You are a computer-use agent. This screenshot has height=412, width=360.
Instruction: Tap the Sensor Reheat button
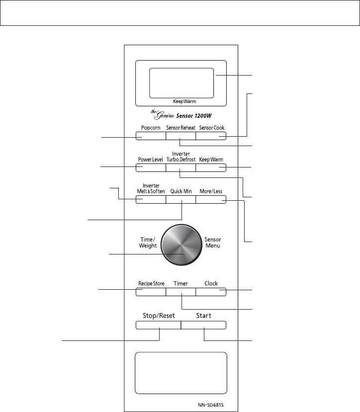(180, 136)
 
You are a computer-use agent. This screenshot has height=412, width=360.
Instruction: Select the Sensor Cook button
(211, 136)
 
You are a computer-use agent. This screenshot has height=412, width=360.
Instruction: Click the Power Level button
(151, 167)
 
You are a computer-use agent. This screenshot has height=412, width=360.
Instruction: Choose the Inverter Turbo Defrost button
(180, 167)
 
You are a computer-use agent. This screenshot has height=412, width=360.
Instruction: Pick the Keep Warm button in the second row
(211, 167)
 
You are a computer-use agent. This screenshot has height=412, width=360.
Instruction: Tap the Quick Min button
(180, 199)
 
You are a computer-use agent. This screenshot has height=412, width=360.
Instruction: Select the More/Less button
(211, 199)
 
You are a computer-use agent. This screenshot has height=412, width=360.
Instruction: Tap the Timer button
(180, 291)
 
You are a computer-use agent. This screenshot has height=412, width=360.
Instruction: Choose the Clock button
(211, 291)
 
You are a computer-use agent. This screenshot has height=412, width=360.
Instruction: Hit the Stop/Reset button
(158, 325)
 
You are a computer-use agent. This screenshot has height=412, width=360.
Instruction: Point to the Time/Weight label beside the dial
(148, 242)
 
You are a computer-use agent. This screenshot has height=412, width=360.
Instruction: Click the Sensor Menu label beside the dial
(213, 242)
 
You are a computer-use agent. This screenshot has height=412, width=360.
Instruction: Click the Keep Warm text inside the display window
(180, 101)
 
